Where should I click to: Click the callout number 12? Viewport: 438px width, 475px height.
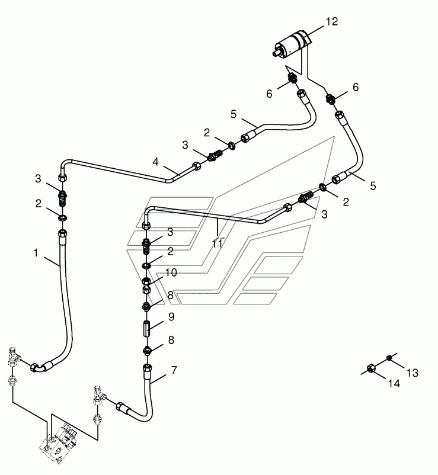click(331, 21)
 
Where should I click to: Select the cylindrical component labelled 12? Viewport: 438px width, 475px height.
click(292, 44)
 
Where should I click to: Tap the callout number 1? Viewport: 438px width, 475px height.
click(36, 253)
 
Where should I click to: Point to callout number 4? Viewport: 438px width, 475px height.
click(155, 162)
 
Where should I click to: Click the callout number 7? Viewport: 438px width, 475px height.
click(174, 370)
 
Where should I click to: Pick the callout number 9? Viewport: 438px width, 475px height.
click(171, 317)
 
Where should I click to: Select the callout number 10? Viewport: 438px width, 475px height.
click(171, 272)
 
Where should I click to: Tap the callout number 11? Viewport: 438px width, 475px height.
click(217, 244)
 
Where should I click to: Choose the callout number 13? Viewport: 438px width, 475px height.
click(413, 373)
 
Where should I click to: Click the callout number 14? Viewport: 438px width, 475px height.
click(394, 384)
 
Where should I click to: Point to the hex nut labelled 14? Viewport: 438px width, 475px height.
click(370, 368)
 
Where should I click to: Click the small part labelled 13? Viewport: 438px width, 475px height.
click(389, 358)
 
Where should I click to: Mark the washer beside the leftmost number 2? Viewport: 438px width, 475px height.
click(62, 217)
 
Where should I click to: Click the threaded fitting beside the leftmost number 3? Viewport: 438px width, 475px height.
click(62, 198)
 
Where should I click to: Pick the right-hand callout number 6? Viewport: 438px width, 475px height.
click(356, 87)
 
